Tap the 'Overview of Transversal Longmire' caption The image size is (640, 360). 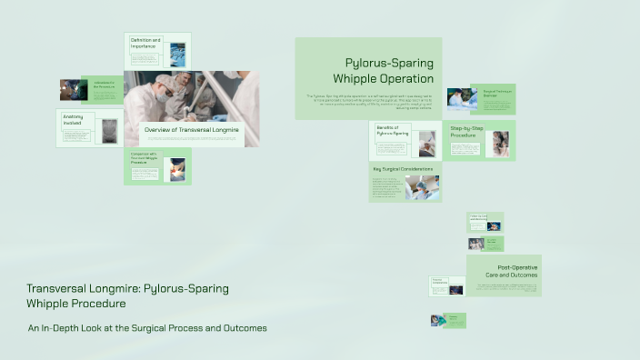coord(191,130)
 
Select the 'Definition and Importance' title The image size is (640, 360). coord(145,43)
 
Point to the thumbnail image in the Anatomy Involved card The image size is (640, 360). coord(110,129)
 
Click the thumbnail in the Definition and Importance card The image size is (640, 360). coord(177,54)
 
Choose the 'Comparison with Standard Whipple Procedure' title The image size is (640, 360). coord(145,159)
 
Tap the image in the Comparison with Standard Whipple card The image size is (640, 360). coord(176,168)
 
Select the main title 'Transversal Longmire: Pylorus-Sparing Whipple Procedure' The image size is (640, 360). coord(127,295)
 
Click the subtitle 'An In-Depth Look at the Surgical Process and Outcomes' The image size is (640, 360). coord(147,327)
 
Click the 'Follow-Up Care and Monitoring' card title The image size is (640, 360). coord(478,217)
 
